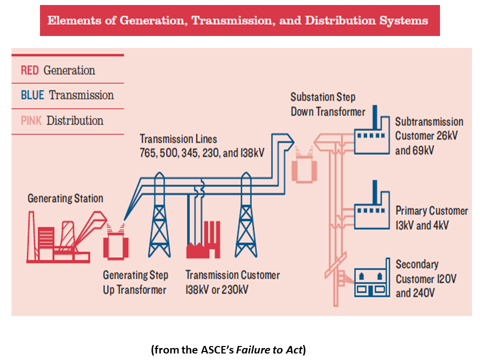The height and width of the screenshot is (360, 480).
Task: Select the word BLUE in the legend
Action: click(x=32, y=95)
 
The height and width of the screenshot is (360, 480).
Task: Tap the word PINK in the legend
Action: click(x=31, y=120)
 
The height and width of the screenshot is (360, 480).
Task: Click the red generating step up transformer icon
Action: click(x=115, y=244)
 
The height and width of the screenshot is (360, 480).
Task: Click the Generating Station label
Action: click(x=65, y=198)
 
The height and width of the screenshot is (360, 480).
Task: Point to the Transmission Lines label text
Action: click(x=178, y=139)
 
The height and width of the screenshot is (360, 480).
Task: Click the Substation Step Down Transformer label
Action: click(x=327, y=104)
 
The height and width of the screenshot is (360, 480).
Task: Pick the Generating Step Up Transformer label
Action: click(x=135, y=282)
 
